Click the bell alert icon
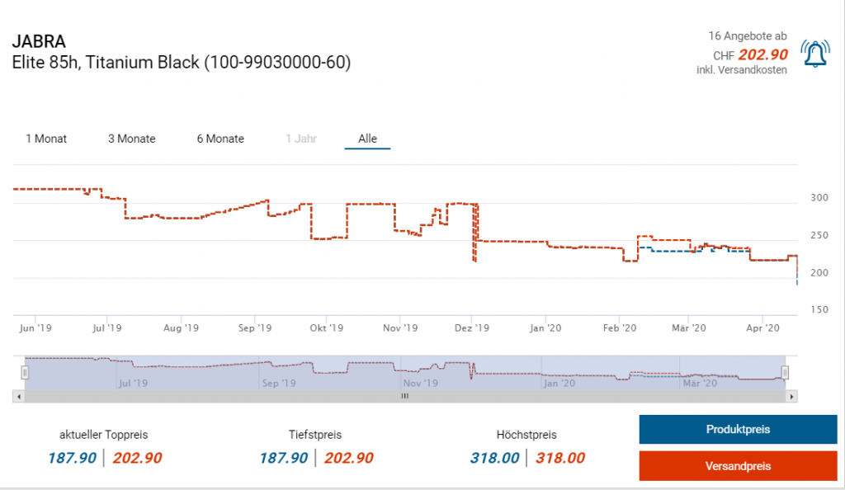coord(815,54)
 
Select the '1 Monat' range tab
coord(46,139)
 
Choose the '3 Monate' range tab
coord(132,139)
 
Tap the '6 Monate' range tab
coord(220,139)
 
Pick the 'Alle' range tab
coord(367,139)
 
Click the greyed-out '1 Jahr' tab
coord(301,139)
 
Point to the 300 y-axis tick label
coord(819,198)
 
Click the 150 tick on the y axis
coord(819,310)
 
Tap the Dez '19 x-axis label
coord(473,328)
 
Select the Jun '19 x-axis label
coord(35,328)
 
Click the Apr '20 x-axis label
coord(762,328)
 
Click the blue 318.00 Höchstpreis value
coord(494,459)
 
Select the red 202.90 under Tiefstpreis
coord(349,459)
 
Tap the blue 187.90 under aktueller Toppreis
coord(73,459)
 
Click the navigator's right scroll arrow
coord(792,397)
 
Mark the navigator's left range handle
coord(25,373)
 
